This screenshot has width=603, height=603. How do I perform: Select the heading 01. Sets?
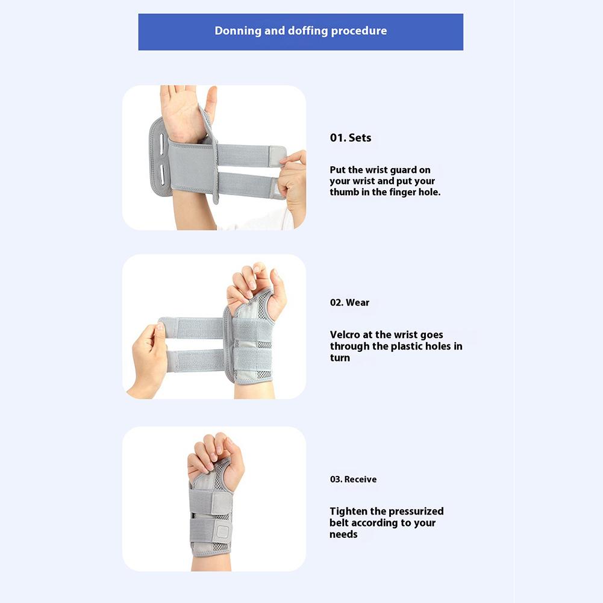pos(351,138)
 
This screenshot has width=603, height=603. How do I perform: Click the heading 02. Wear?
pos(349,302)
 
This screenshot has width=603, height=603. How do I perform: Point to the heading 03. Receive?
pos(353,479)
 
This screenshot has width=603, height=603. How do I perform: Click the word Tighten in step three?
pos(347,511)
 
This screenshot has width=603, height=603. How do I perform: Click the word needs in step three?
pos(343,534)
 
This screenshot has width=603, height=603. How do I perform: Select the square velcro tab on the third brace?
pos(222,533)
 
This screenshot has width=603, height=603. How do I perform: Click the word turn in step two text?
pos(340,358)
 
